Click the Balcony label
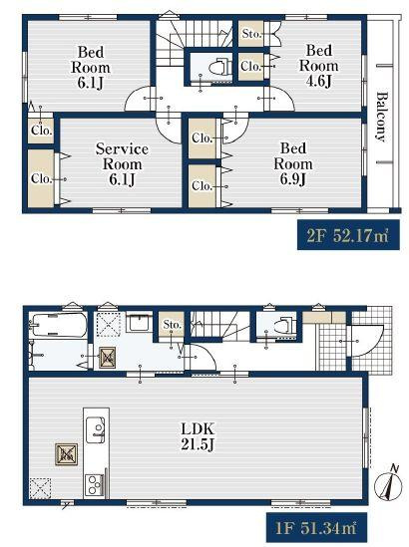tap(382, 117)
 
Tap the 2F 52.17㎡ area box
tap(348, 235)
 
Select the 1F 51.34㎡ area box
tap(316, 527)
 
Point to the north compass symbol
tap(388, 484)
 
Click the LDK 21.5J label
tap(197, 436)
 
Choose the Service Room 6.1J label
tap(122, 164)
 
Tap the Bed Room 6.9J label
tap(292, 163)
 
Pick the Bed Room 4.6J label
tap(318, 66)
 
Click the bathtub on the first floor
tap(58, 325)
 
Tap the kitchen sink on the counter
tap(96, 429)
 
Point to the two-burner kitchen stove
tap(94, 485)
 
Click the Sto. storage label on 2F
tap(251, 34)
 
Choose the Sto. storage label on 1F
tap(173, 325)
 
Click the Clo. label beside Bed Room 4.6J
tap(250, 66)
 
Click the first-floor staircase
tap(219, 325)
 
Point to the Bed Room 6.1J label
tap(91, 68)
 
